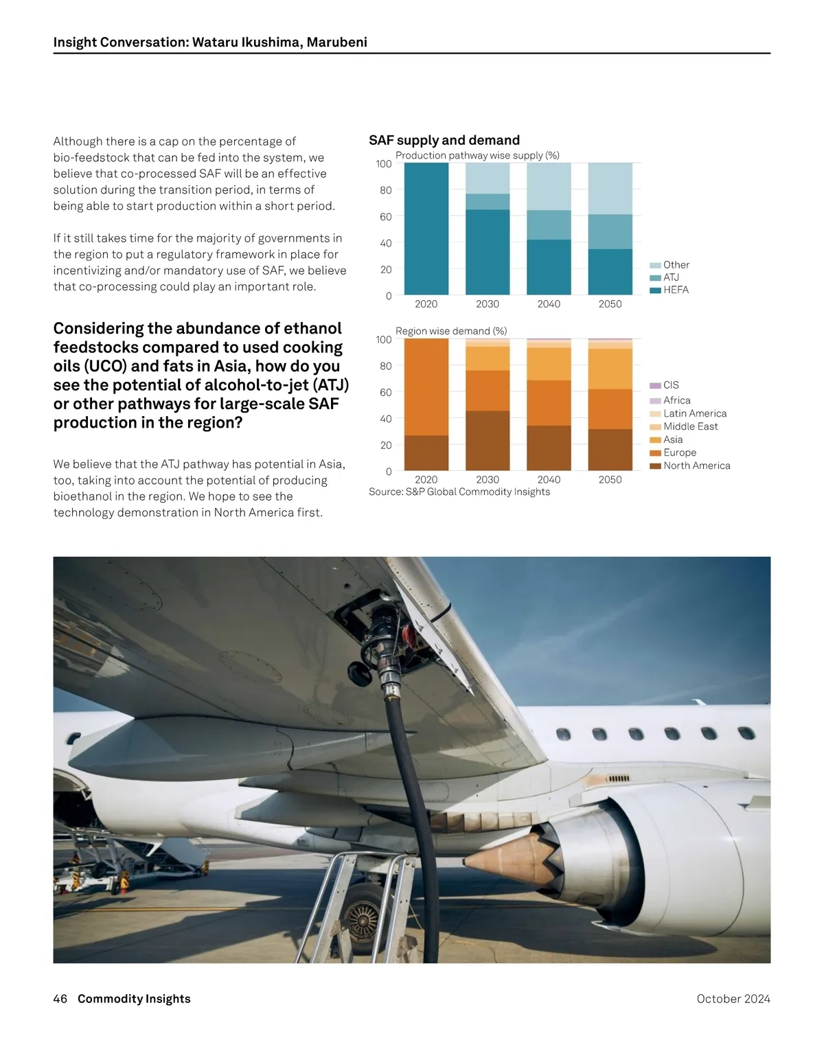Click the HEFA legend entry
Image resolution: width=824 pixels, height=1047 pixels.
click(676, 290)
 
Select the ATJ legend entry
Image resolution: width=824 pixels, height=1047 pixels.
click(671, 277)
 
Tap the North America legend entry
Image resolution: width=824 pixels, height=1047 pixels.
click(696, 465)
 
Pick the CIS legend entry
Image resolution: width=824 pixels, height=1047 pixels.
click(671, 385)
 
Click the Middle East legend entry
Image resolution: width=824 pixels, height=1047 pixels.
click(690, 426)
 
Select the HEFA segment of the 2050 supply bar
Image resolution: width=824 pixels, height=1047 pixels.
click(610, 272)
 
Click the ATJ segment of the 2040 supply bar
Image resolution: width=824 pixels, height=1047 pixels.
click(549, 225)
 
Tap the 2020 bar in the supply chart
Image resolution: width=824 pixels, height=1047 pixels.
click(426, 229)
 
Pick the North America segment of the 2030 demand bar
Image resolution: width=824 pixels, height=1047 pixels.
click(488, 441)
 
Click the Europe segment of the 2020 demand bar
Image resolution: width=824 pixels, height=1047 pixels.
click(426, 387)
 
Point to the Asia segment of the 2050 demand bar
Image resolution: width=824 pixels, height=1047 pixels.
click(610, 369)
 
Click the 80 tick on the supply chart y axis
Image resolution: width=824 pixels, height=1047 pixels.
click(386, 190)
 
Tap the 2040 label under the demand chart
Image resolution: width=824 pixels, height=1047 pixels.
click(549, 480)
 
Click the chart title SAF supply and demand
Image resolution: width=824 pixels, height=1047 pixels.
click(444, 140)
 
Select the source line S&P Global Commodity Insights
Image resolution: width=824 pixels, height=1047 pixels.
click(459, 492)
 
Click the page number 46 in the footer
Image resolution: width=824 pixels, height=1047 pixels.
click(60, 999)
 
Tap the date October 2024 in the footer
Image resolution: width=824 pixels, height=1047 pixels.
click(733, 999)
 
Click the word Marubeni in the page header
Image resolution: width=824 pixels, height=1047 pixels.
click(336, 42)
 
